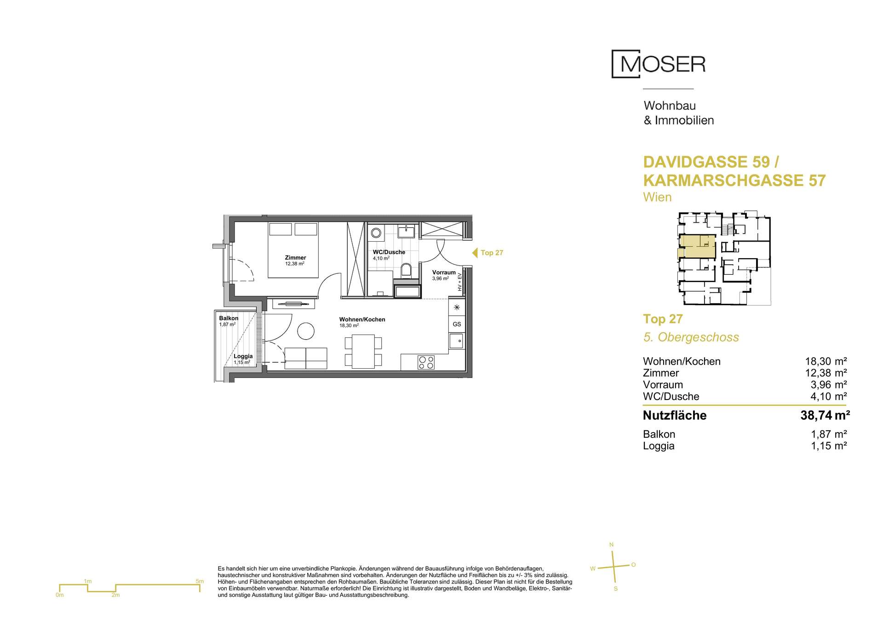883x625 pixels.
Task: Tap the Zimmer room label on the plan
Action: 295,258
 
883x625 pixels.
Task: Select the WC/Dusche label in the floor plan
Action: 389,252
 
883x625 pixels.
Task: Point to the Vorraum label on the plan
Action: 444,272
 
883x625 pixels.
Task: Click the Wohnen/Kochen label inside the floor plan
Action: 362,319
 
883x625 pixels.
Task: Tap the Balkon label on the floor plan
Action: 229,318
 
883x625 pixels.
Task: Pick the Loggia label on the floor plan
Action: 243,356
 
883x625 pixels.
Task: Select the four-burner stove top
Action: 426,363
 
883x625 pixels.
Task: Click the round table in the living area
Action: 306,330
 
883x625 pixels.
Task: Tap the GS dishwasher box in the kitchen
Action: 457,324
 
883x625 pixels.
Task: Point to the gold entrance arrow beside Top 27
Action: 475,253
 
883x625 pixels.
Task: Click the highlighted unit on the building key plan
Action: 697,246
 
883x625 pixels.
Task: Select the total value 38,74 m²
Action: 825,416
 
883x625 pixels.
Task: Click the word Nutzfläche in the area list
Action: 675,416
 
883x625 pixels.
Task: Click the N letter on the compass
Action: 611,545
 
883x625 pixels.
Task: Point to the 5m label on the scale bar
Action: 200,581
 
